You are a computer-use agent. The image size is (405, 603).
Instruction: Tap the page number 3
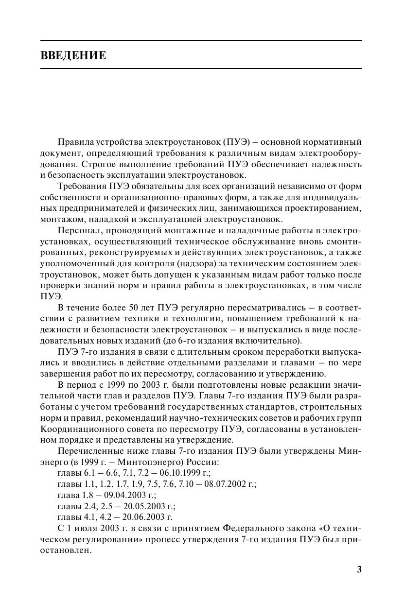click(x=359, y=570)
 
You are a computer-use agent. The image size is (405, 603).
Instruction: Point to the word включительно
click(x=274, y=340)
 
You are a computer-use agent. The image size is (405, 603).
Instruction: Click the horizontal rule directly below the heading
click(x=201, y=69)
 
